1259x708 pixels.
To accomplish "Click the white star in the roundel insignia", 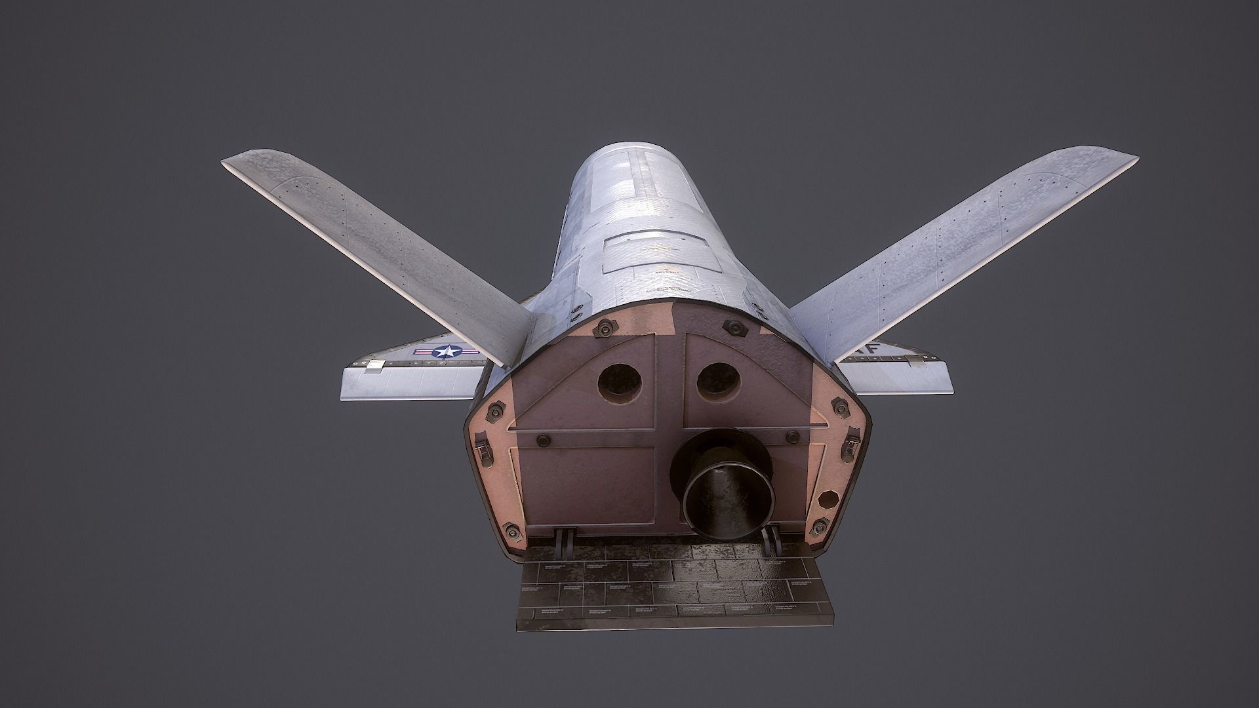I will pos(445,352).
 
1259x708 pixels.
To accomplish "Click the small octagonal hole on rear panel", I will pos(829,500).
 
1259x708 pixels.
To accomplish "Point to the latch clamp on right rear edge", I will pos(853,440).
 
